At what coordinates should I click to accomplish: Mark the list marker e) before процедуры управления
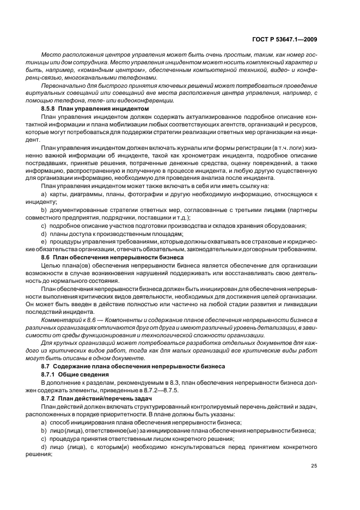click(44, 241)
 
